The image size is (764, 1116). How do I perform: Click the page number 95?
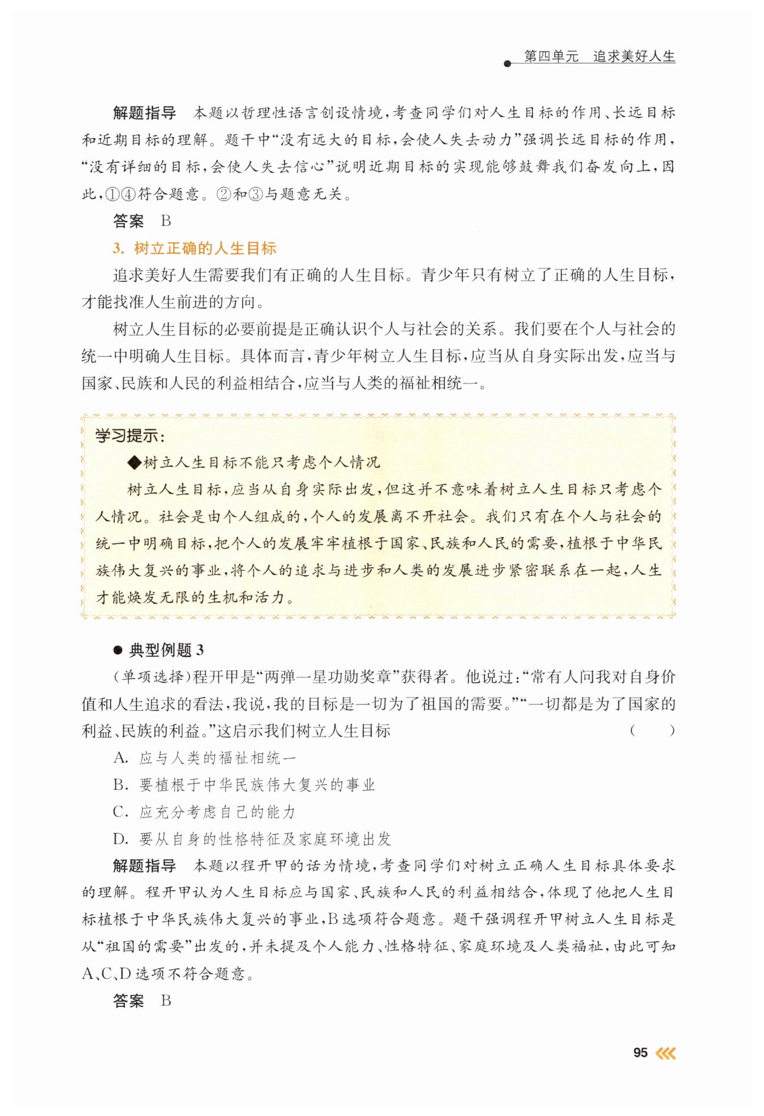tap(640, 1053)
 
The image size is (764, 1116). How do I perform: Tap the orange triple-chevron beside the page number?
tap(665, 1053)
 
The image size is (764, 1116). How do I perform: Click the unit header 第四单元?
tap(551, 57)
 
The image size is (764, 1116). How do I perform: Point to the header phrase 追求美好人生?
tap(634, 57)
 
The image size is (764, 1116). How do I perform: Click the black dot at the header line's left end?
tap(507, 63)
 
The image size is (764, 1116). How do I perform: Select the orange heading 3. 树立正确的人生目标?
tap(195, 248)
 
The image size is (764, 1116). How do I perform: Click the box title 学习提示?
tap(130, 436)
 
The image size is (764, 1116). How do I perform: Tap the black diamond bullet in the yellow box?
tap(134, 463)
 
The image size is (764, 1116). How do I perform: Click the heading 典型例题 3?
tap(166, 650)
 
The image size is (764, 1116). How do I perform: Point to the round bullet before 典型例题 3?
tap(118, 650)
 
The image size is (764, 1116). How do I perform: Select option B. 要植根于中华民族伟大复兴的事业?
tap(244, 785)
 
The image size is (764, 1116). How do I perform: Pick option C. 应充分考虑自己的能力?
tap(204, 812)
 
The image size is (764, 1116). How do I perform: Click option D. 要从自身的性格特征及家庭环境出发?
tap(252, 839)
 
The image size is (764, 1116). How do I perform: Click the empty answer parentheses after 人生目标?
tap(652, 730)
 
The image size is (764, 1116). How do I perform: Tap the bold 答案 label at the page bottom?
tap(128, 1000)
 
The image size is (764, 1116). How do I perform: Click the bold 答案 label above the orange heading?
tap(128, 221)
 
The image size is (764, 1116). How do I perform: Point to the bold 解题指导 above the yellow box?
tap(144, 113)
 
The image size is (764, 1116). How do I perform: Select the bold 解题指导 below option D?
tap(144, 866)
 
